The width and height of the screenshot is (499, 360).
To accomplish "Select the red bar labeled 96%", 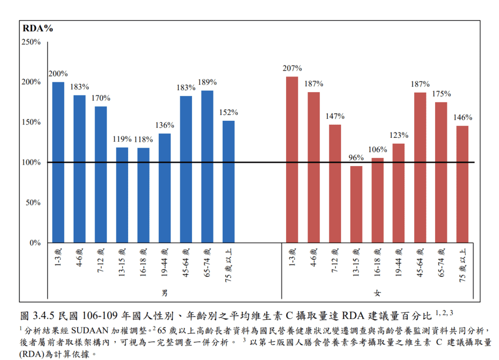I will click(356, 204).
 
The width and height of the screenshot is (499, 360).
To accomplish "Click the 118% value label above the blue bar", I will click(143, 139).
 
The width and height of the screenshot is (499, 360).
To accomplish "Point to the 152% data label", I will click(229, 113).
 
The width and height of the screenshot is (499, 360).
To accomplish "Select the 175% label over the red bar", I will click(441, 94).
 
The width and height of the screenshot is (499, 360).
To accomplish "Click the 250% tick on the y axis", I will click(31, 42).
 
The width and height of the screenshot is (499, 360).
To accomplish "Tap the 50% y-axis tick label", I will click(33, 203).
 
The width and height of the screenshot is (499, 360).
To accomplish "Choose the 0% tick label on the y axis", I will click(35, 243).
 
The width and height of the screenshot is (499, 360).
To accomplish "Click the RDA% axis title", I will click(38, 28).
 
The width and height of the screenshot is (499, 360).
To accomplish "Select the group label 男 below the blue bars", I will click(165, 293).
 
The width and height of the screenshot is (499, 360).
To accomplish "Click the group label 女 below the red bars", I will click(378, 293).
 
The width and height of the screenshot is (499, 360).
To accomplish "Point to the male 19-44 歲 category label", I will click(165, 263).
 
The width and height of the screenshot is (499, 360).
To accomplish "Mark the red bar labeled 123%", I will click(399, 193).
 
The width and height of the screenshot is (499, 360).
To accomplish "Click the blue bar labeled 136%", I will click(165, 188).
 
